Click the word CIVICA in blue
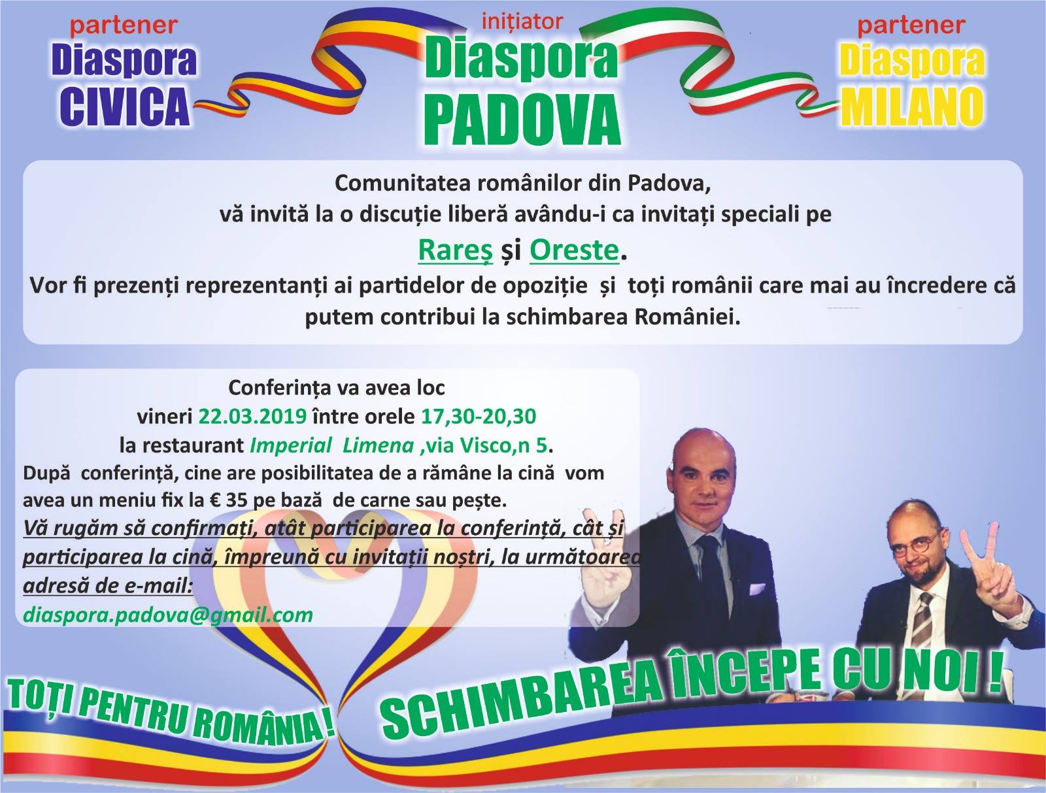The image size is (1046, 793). tap(125, 105)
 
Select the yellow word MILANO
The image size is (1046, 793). tap(912, 106)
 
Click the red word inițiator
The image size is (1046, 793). tap(522, 22)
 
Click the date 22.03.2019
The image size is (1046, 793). tap(252, 416)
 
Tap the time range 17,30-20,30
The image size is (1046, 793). tap(479, 417)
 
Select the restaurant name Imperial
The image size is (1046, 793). tap(291, 445)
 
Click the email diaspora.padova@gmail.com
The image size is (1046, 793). tap(168, 615)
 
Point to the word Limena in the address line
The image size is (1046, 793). tap(379, 445)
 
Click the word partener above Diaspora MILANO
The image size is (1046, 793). tap(911, 25)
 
